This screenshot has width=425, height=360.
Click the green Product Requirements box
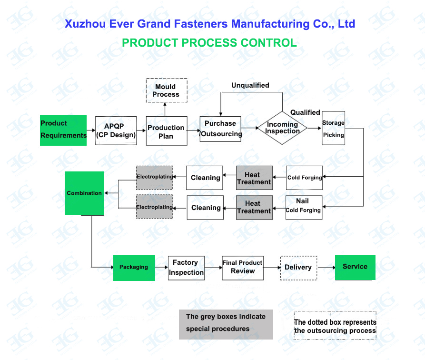pos(63,130)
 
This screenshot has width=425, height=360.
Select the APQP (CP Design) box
pos(116,130)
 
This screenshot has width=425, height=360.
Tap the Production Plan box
pos(166,131)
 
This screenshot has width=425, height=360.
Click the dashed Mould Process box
pos(166,90)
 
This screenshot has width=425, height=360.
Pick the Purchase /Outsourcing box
pos(220,129)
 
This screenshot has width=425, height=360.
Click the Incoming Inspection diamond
pos(282,128)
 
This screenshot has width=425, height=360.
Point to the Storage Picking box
pos(333,128)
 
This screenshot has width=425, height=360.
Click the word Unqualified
pos(250,85)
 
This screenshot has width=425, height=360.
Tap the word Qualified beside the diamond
pos(305,112)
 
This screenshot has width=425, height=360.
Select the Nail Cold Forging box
pos(304,207)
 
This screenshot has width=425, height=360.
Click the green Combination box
pos(84,193)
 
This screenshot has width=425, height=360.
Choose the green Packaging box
pos(134,267)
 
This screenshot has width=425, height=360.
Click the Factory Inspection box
pos(186,268)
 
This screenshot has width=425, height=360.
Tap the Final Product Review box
pos(243,267)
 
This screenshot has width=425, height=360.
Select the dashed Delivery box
pos(298,267)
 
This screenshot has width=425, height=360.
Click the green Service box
pos(355,267)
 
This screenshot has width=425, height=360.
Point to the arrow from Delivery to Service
pos(326,268)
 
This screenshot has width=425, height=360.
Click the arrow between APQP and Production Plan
pos(141,130)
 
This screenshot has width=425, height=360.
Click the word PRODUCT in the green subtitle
pos(143,42)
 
